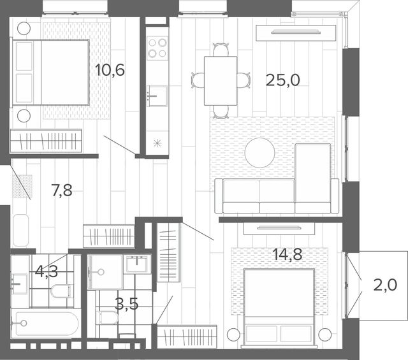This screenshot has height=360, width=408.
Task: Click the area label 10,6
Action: click(110, 70)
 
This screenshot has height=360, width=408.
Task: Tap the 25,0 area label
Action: click(283, 80)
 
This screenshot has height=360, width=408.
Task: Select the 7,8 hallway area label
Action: click(62, 190)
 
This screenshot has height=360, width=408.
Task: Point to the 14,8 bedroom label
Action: click(288, 254)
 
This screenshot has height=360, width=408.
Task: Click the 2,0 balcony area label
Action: click(385, 285)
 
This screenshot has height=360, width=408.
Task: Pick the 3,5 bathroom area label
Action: click(126, 303)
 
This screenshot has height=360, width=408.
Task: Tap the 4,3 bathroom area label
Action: click(47, 272)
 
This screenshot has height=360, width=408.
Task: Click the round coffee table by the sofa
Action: click(259, 153)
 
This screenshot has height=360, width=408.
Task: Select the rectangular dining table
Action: click(221, 81)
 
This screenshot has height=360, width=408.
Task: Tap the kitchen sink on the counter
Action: click(157, 96)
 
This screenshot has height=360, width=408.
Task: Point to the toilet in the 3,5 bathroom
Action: click(108, 317)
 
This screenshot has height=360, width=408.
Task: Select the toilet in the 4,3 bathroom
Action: click(61, 291)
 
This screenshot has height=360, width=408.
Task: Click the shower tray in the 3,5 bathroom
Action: click(105, 272)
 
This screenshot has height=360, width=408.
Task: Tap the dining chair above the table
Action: click(221, 50)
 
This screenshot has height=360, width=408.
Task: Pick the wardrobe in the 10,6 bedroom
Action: click(46, 141)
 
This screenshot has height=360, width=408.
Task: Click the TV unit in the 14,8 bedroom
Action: click(279, 228)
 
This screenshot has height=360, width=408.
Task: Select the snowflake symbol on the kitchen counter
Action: click(157, 143)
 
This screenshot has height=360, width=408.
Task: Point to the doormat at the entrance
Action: click(22, 186)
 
